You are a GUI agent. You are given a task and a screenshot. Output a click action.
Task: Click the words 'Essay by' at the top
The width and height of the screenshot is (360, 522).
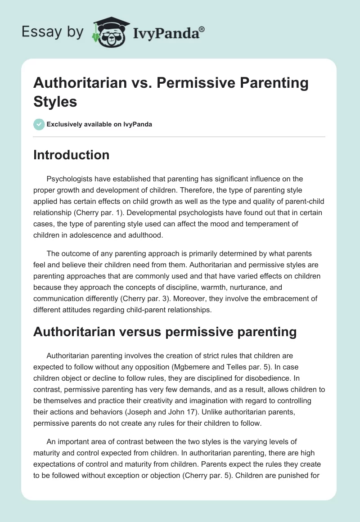(53, 32)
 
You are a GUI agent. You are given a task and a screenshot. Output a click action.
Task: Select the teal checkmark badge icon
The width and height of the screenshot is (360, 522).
(39, 124)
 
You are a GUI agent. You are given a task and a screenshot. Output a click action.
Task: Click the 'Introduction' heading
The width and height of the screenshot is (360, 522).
(72, 155)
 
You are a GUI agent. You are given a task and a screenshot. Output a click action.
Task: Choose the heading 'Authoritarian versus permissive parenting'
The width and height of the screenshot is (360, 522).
(165, 332)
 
